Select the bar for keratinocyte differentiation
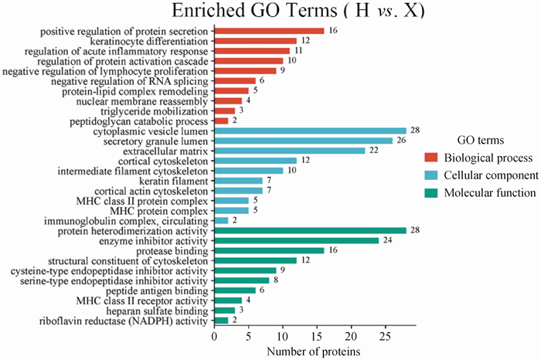pyautogui.click(x=255, y=41)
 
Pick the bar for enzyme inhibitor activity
pyautogui.click(x=296, y=240)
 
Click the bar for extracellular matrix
pyautogui.click(x=289, y=151)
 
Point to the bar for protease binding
pyautogui.click(x=268, y=250)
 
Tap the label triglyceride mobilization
pyautogui.click(x=155, y=110)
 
